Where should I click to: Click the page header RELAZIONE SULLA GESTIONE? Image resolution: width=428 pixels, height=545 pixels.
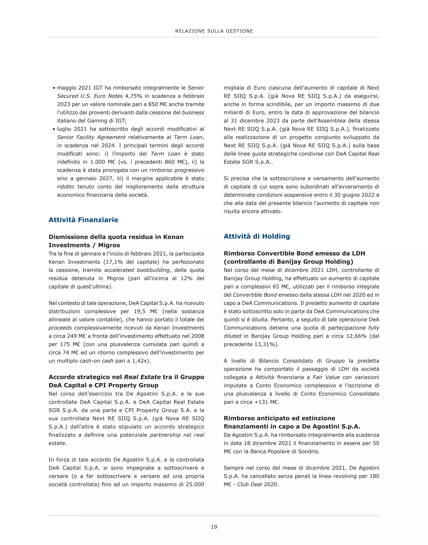(214, 31)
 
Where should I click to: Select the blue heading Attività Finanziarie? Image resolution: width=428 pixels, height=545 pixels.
(83, 220)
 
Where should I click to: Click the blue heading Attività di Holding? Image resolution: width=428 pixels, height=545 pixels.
(257, 236)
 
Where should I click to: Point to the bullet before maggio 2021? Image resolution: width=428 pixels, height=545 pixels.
(54, 88)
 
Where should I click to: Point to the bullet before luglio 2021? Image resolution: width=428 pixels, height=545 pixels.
(54, 129)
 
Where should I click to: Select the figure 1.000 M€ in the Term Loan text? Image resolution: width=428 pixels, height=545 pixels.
(103, 162)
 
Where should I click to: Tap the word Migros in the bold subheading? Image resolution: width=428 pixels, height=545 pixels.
(109, 245)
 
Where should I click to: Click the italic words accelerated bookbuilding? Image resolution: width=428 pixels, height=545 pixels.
(137, 270)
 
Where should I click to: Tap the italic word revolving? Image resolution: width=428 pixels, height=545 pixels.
(345, 476)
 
